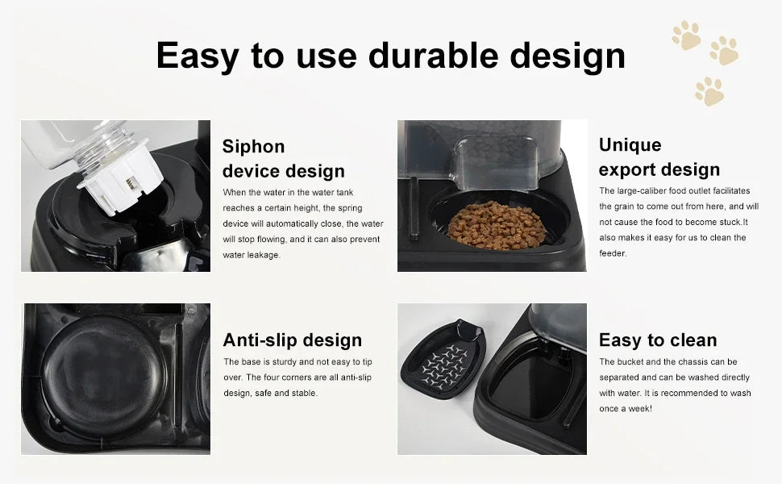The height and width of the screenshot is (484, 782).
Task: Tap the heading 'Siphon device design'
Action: (283, 158)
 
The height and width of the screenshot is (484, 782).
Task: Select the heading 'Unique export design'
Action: (659, 156)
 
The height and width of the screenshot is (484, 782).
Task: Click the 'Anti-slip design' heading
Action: (292, 340)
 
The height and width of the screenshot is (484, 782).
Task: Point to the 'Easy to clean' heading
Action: (657, 340)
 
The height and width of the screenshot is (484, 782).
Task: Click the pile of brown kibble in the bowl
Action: (496, 226)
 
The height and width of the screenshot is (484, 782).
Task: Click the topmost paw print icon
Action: (685, 35)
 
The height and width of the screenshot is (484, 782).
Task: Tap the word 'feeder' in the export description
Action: (612, 253)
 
